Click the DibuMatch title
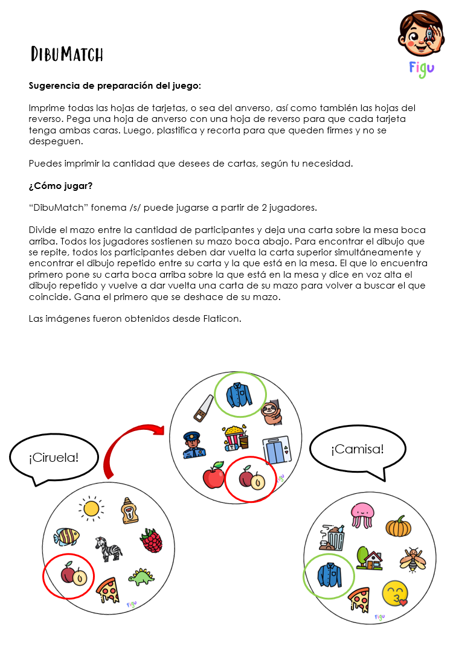coord(67,55)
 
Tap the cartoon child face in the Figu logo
coord(421,34)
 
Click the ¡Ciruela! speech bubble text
coord(54,457)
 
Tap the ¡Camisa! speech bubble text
coord(357,449)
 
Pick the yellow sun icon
coord(91,508)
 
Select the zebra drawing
coord(109,548)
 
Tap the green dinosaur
coord(140,577)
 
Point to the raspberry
coord(152,540)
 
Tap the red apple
coord(213,475)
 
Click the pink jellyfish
coord(362,514)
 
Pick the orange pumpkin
coord(399,526)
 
